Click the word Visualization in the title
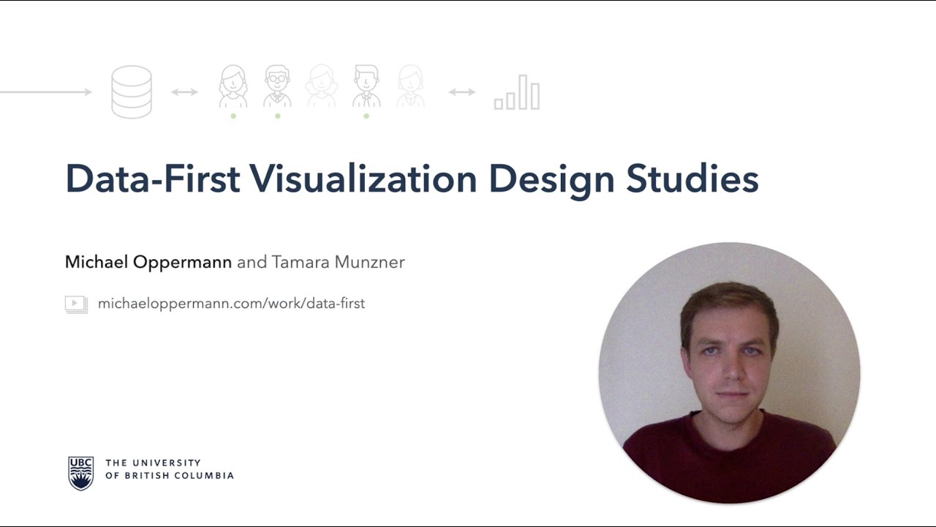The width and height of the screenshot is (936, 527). click(363, 179)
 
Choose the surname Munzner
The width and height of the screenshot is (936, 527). click(369, 262)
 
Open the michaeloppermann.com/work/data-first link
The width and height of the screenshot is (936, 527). click(231, 303)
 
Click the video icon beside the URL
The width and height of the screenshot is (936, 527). click(76, 304)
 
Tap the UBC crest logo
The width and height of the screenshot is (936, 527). click(80, 473)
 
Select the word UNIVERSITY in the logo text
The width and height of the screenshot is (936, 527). click(165, 463)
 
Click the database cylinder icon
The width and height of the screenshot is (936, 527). click(132, 91)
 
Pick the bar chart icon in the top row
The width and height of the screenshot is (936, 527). click(517, 93)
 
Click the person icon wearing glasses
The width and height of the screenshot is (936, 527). click(277, 86)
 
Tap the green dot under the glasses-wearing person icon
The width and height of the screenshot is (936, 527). click(277, 116)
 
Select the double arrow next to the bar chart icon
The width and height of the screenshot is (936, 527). click(461, 92)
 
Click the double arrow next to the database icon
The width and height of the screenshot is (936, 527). click(184, 92)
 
